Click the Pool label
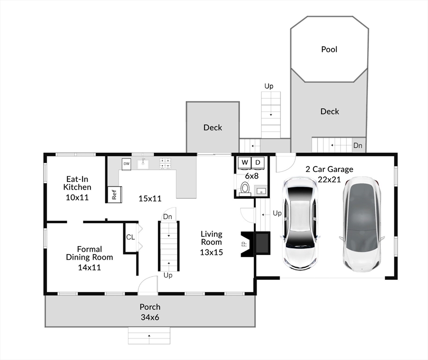pos(329,49)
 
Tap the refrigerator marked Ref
pos(114,194)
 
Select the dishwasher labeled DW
pos(126,164)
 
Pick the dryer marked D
pos(258,163)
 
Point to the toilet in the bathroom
pos(244,188)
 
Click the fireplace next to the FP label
pos(261,243)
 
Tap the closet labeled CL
pos(130,237)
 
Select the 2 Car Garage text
pos(329,169)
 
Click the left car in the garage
pos(300,222)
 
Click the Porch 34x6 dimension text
pos(150,317)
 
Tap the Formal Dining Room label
pos(89,253)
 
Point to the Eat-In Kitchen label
pos(77,183)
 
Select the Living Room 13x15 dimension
pos(211,252)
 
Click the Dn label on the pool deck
pos(357,146)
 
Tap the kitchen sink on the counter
pos(143,164)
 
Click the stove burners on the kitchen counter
pos(165,163)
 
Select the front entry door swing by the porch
pos(148,285)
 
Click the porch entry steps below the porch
pos(149,336)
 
